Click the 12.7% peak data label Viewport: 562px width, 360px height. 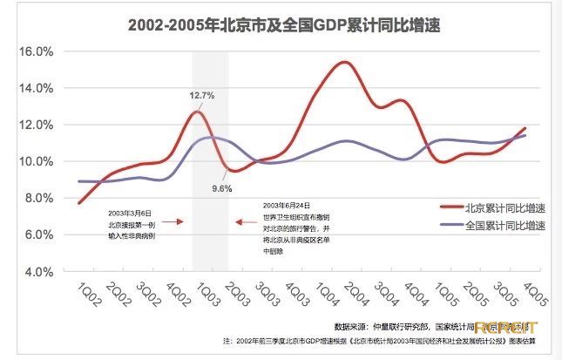(x=200, y=95)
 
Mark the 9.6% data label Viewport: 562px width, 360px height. (x=222, y=188)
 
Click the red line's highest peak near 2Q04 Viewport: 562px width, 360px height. (x=345, y=62)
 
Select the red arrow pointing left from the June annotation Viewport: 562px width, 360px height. (x=245, y=222)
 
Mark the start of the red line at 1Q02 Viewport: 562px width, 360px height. (x=78, y=203)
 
